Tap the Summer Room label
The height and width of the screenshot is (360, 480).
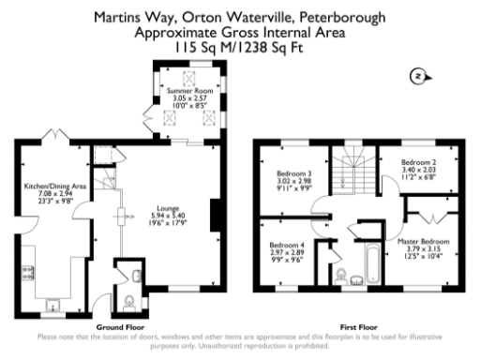[x=190, y=89]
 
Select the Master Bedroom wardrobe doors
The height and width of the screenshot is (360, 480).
[x=427, y=217]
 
